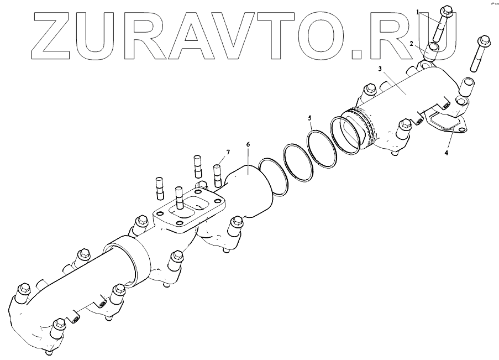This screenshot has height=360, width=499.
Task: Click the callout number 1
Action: coord(418,11)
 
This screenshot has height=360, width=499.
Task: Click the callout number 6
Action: coord(248,145)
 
